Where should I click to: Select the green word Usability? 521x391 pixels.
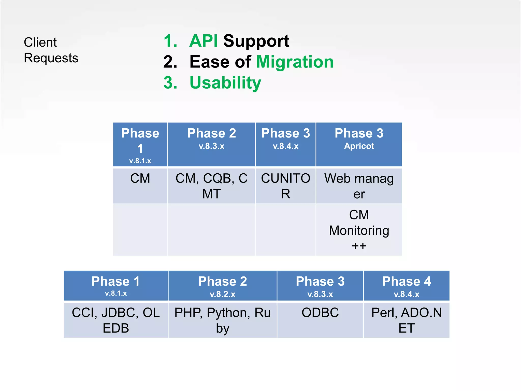pos(225,83)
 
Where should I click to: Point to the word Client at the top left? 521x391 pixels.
pos(40,42)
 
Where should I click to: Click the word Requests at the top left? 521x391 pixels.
pos(51,58)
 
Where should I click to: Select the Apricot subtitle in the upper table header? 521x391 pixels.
pos(359,146)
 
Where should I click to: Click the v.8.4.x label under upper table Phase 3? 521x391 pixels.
pos(285,146)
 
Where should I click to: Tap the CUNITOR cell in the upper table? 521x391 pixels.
pos(285,186)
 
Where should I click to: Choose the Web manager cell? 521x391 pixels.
pos(359,186)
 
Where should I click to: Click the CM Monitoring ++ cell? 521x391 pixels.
pos(359,230)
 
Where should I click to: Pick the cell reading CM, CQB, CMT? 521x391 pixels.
pos(211,186)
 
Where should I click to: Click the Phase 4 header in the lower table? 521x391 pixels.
pos(406,282)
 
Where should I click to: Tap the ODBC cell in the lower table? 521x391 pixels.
pos(320,313)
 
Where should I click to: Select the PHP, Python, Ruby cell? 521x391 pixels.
pos(222,320)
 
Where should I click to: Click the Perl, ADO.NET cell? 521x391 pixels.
pos(406,320)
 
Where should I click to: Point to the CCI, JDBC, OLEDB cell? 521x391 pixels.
pos(116,320)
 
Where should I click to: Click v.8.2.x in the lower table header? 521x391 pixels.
pos(222,295)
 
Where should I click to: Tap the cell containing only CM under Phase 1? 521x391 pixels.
pos(140,178)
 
